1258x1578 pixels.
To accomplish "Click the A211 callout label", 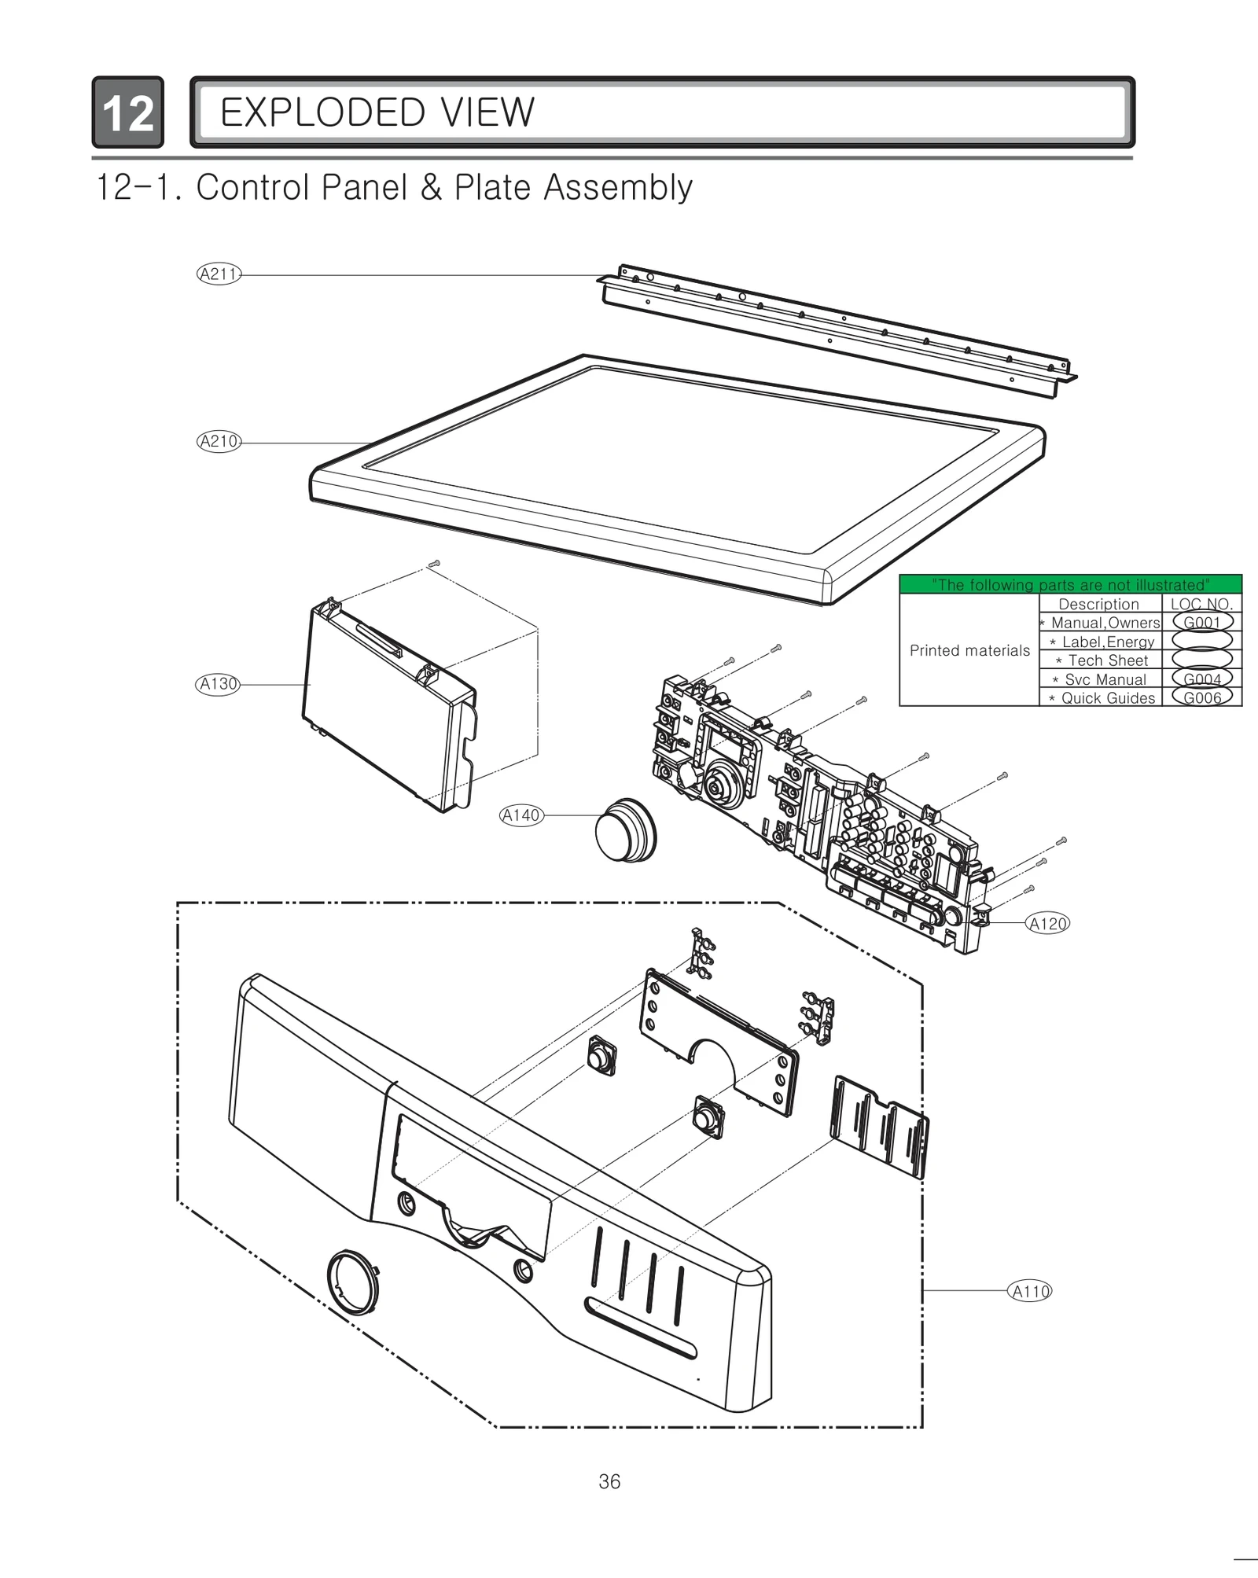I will [218, 274].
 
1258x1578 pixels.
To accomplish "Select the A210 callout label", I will [218, 442].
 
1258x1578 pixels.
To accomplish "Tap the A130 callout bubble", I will [217, 684].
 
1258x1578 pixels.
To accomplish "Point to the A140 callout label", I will [521, 815].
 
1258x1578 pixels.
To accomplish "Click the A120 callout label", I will [1047, 924].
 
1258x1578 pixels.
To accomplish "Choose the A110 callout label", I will [1029, 1291].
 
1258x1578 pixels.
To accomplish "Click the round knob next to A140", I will [624, 830].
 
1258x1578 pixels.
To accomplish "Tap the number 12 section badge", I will [127, 112].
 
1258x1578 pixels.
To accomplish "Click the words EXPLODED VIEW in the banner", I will [377, 112].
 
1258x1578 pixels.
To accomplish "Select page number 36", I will [609, 1481].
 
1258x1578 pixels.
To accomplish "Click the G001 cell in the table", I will [1201, 622].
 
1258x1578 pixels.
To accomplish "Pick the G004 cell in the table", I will [1201, 679].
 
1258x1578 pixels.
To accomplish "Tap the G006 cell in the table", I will [1201, 697].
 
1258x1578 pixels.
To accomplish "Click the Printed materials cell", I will [969, 650].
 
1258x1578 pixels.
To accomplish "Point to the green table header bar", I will [1070, 584].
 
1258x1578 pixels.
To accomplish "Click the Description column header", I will [1098, 604].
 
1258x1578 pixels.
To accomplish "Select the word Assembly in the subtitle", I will [618, 188].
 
